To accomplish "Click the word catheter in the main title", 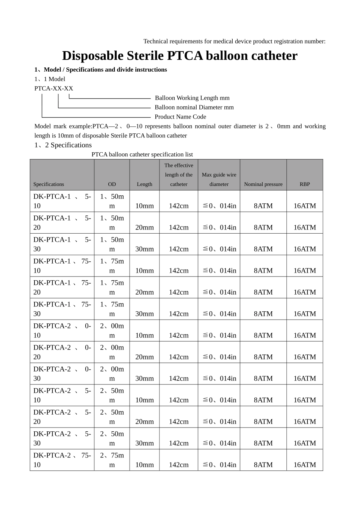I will pos(271,56).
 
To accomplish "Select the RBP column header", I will pos(305,184).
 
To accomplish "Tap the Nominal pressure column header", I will pos(263,184).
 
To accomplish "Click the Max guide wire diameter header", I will pos(219,180).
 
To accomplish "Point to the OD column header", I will pos(112,184).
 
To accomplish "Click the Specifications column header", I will pos(49,184).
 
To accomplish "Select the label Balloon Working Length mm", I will pos(192,98).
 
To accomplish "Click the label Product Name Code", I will pos(180,117).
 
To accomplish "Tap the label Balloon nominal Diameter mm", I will pos(194,108).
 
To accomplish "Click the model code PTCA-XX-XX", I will pos(54,89).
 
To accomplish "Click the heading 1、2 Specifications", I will pos(63,145).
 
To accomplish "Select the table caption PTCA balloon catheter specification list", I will pos(142,155).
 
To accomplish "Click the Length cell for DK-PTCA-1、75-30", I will pos(144,314).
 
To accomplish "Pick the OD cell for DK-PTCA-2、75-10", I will pos(112,460).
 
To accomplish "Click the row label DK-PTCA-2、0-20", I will pos(62,352).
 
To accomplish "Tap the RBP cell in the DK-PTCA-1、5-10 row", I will pos(305,206).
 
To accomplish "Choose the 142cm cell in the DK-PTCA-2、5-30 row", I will pos(178,443).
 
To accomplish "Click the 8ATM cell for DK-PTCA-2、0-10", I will pos(263,336).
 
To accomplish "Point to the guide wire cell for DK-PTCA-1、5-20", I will pos(219,228).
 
